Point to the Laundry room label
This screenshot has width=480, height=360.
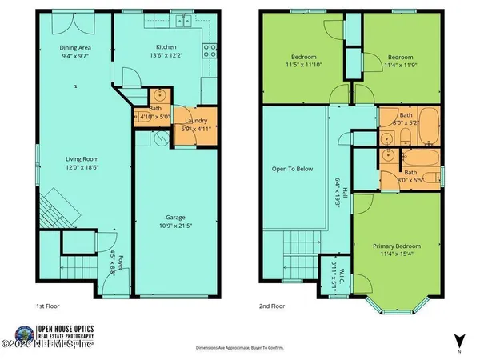click(196, 120)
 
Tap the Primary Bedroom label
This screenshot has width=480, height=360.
click(397, 246)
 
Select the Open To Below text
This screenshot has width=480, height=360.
click(292, 170)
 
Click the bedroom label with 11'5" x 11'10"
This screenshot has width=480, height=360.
click(302, 58)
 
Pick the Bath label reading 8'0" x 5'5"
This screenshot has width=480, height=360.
click(409, 176)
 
